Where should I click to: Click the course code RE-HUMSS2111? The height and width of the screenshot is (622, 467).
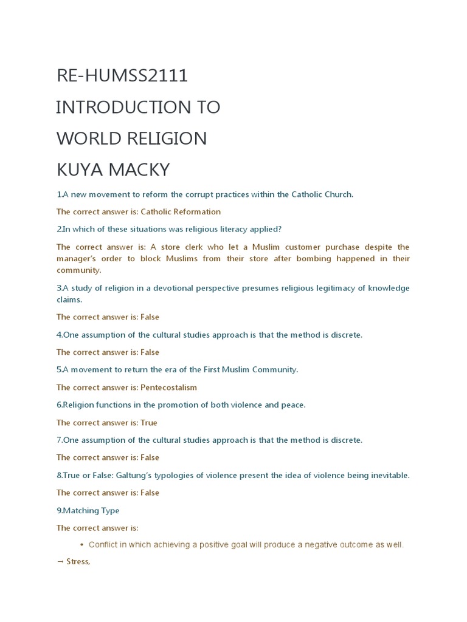[122, 76]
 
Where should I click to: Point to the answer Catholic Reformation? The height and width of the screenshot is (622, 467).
[181, 212]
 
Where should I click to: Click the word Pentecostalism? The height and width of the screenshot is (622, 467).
[168, 388]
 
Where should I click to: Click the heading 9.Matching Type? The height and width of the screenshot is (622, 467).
[88, 510]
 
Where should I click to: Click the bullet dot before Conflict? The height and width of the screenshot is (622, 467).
[81, 545]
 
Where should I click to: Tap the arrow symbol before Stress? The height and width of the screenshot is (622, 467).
[60, 562]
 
